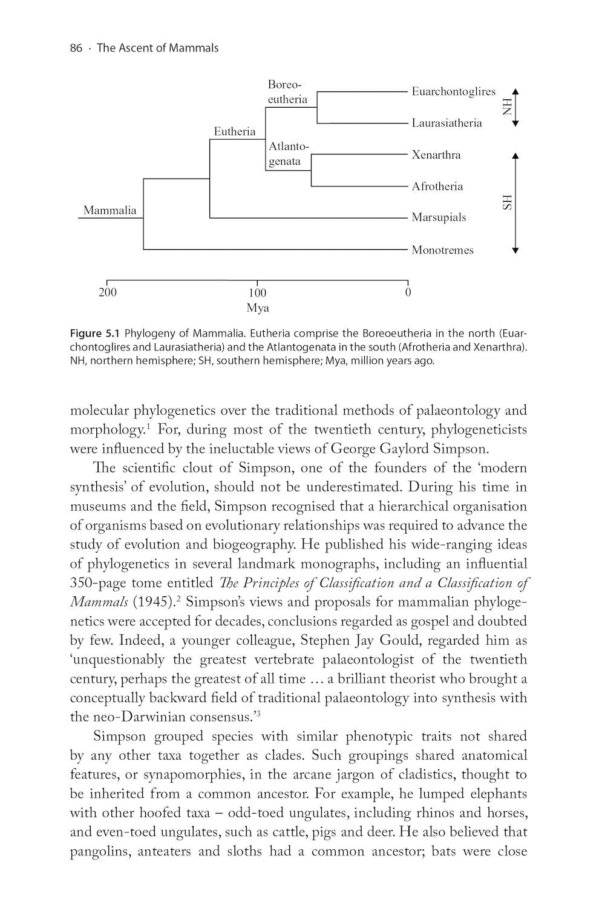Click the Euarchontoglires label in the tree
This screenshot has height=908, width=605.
(x=453, y=91)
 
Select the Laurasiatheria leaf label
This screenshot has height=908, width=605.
(x=446, y=123)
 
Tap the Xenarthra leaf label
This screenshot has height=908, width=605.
(x=436, y=155)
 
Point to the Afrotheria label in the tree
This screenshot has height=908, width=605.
(x=437, y=186)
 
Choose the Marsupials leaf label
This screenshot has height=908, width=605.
(x=439, y=217)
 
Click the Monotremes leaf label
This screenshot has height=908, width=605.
(x=442, y=250)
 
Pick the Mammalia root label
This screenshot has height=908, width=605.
(x=110, y=211)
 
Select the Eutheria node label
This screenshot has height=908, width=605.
(x=235, y=131)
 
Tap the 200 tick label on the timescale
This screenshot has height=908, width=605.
(x=108, y=293)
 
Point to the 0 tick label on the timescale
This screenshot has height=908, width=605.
(x=408, y=293)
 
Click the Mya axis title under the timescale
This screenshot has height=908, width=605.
(x=258, y=308)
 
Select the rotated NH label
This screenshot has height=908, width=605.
(x=506, y=107)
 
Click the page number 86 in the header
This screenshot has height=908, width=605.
(x=76, y=48)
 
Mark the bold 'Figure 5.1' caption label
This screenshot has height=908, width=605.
(x=96, y=333)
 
